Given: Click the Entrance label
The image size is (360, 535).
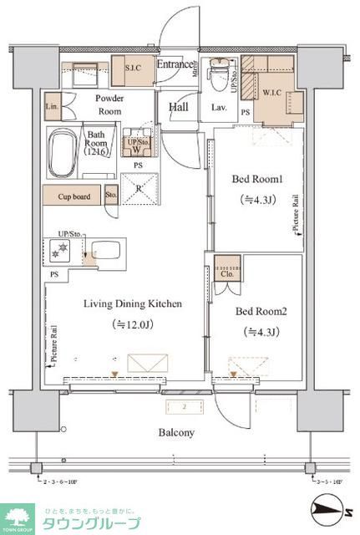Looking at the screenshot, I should coord(175,65).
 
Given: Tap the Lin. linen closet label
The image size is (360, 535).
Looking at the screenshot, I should coord(52,107).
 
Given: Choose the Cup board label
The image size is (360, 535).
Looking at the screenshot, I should coord(74,196).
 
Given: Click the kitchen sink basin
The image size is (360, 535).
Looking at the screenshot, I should coord(105,251).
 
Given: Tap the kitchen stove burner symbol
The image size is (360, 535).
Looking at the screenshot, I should coord(61,251).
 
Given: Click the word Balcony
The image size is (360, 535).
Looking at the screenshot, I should coord(177,433).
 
